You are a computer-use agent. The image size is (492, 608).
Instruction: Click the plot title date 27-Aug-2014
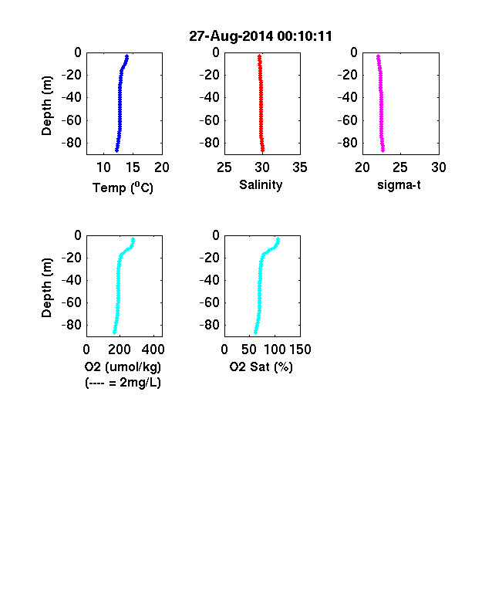pyautogui.click(x=231, y=36)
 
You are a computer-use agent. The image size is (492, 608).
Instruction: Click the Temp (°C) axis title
pyautogui.click(x=123, y=187)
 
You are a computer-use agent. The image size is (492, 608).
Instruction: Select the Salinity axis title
pyautogui.click(x=261, y=185)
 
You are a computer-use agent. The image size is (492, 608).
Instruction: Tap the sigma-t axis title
pyautogui.click(x=399, y=185)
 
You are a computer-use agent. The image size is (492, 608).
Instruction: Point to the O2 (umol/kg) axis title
pyautogui.click(x=123, y=366)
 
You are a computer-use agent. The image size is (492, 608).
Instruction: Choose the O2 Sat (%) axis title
pyautogui.click(x=261, y=366)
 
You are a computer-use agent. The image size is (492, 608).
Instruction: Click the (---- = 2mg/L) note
pyautogui.click(x=123, y=383)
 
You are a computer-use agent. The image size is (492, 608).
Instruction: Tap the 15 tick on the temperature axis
pyautogui.click(x=133, y=167)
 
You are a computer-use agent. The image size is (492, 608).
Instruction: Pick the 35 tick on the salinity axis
pyautogui.click(x=300, y=167)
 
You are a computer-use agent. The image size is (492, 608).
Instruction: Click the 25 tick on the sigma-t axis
pyautogui.click(x=400, y=167)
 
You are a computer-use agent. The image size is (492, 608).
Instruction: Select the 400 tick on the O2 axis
pyautogui.click(x=153, y=350)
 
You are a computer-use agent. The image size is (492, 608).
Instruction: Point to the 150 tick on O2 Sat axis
pyautogui.click(x=300, y=350)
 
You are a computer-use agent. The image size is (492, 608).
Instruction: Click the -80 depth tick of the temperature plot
pyautogui.click(x=72, y=143)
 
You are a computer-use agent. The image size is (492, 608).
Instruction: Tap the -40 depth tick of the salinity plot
pyautogui.click(x=210, y=97)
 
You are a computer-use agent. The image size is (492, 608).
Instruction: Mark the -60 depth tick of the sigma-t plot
pyautogui.click(x=348, y=120)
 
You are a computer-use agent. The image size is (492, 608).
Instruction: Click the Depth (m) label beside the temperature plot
pyautogui.click(x=46, y=106)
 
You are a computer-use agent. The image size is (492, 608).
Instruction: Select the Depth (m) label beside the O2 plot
pyautogui.click(x=46, y=288)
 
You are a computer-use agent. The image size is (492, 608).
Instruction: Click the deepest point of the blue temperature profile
pyautogui.click(x=116, y=150)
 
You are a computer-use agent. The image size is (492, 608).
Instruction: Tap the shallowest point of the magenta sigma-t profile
pyautogui.click(x=378, y=56)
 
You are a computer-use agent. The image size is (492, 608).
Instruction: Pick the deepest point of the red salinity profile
pyautogui.click(x=263, y=150)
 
